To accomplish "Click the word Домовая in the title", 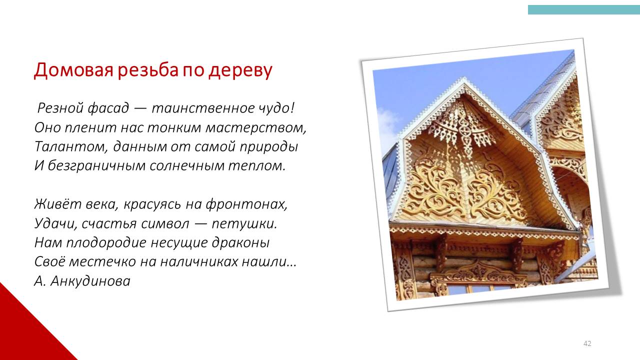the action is click(x=73, y=70).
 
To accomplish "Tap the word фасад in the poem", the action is click(x=108, y=108).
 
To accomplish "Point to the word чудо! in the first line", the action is click(x=276, y=108).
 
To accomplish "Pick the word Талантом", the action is click(x=71, y=147).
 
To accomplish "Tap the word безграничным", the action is click(x=96, y=166).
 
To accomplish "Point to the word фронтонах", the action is click(x=246, y=204).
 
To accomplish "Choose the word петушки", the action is click(x=244, y=223).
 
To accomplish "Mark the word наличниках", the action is click(x=199, y=262).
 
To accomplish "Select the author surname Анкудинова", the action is click(x=90, y=281).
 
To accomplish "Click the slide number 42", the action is click(x=587, y=343).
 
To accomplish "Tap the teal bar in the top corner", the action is click(x=583, y=9).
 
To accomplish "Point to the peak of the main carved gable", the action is click(x=464, y=79).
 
